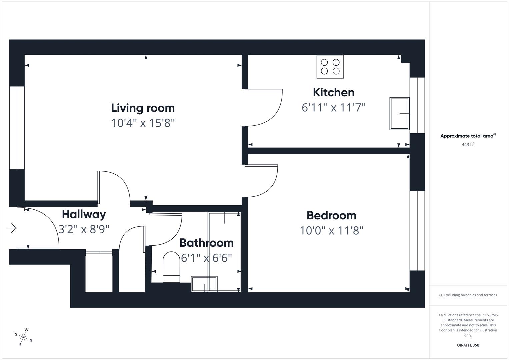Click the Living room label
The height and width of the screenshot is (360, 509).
click(x=143, y=108)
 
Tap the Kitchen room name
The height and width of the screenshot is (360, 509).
click(x=333, y=92)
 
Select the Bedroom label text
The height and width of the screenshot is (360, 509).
click(x=331, y=215)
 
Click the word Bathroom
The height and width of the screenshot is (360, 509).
click(x=206, y=243)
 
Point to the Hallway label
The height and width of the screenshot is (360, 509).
click(x=84, y=214)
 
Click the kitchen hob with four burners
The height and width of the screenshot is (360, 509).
click(x=330, y=67)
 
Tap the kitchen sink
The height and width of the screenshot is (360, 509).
click(x=399, y=114)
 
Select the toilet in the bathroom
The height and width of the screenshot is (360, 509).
click(x=171, y=267)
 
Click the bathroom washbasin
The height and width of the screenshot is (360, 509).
click(x=204, y=284)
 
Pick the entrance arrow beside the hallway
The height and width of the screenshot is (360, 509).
click(x=12, y=228)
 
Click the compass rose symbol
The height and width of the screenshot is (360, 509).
click(x=23, y=337)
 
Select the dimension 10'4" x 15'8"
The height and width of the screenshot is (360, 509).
click(x=143, y=123)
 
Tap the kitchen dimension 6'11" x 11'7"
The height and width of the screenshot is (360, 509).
click(x=333, y=108)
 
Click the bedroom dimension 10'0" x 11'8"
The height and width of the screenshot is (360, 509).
click(x=331, y=230)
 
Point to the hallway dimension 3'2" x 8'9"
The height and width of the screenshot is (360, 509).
click(x=84, y=229)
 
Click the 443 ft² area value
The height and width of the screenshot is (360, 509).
click(x=468, y=145)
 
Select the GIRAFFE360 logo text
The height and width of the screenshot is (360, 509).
click(x=468, y=345)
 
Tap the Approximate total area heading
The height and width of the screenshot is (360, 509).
click(x=468, y=136)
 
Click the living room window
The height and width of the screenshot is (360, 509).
click(x=17, y=128)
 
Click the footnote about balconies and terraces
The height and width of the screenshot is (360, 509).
click(x=468, y=295)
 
